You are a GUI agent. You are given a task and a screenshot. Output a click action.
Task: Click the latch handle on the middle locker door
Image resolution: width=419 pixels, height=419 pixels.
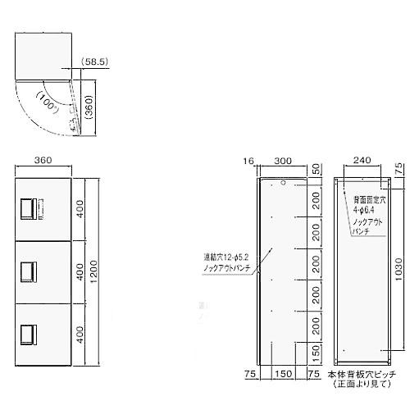28,269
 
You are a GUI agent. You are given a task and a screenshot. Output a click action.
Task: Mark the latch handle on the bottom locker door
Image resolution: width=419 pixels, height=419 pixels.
28,332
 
